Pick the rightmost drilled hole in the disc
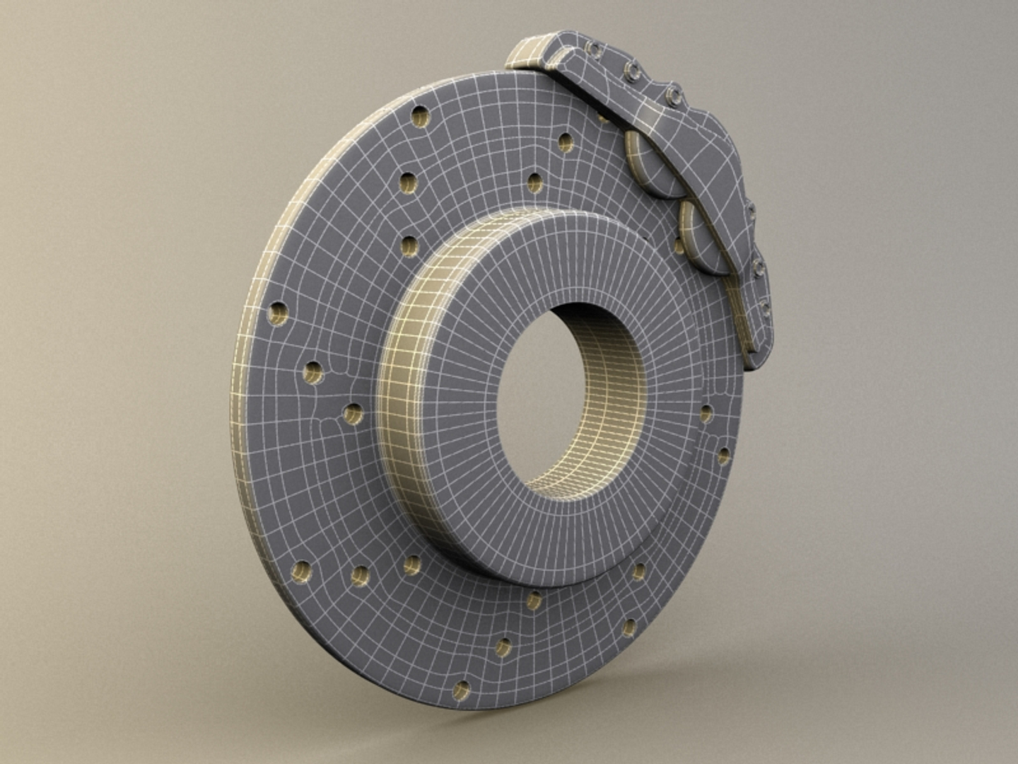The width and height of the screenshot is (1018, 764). pyautogui.click(x=722, y=456)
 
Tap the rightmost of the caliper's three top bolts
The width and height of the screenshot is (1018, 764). pyautogui.click(x=672, y=92)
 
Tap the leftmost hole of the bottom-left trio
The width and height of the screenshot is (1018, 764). pyautogui.click(x=301, y=570)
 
